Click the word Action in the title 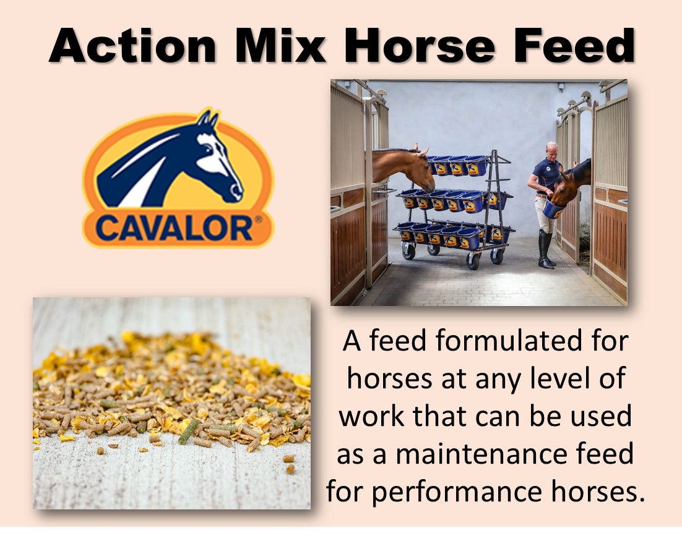[132, 46]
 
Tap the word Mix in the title [280, 46]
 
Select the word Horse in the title [420, 46]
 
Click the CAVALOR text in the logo [173, 228]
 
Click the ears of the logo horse [207, 119]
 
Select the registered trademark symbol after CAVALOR [258, 219]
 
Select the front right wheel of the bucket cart [473, 260]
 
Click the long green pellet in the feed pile [188, 432]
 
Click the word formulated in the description [509, 341]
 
